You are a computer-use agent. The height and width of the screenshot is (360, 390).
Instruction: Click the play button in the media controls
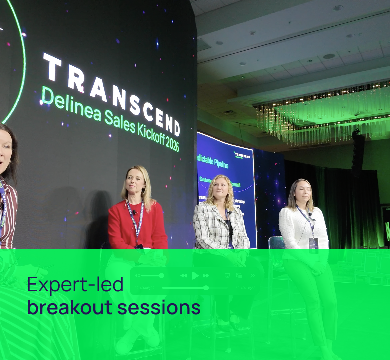click(195, 275)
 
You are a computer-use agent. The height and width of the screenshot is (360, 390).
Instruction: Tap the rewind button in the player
click(184, 275)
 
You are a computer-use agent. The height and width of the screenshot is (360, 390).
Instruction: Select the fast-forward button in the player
click(206, 275)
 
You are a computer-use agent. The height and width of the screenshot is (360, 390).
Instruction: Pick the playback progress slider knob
click(206, 288)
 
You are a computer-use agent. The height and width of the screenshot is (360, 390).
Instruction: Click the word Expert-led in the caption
click(75, 285)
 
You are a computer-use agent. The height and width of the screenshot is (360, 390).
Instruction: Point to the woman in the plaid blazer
click(220, 214)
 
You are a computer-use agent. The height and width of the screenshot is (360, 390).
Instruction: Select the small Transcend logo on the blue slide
click(242, 155)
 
